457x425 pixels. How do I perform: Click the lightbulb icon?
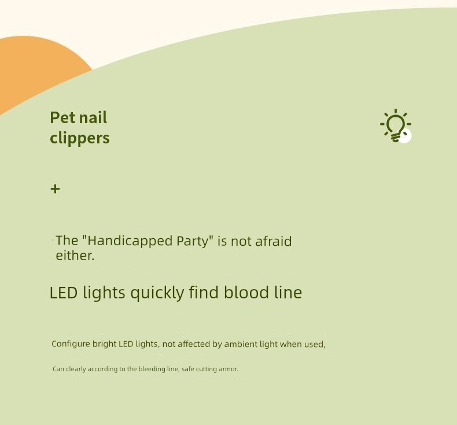click(396, 125)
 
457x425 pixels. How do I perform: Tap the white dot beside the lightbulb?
click(405, 136)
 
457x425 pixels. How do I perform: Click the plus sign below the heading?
click(55, 189)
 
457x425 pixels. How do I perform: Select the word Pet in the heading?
click(62, 117)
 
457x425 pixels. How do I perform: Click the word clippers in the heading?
click(80, 138)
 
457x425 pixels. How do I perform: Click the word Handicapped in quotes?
click(130, 241)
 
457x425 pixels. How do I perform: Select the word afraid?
click(274, 241)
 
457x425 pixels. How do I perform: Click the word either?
click(75, 256)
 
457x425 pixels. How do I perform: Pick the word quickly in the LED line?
click(157, 293)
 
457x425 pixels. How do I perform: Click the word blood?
click(246, 292)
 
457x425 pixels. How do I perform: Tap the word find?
click(204, 292)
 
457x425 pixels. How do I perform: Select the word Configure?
click(71, 344)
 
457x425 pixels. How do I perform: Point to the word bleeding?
click(152, 369)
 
